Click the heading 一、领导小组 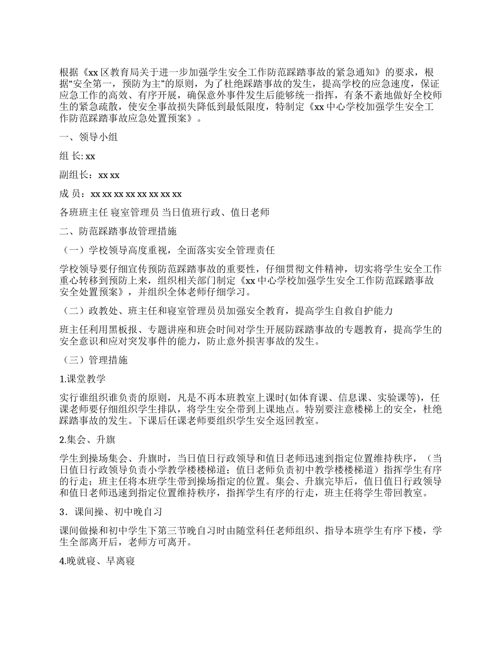pyautogui.click(x=89, y=138)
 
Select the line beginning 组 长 pyautogui.click(x=78, y=156)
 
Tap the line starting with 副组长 pyautogui.click(x=90, y=175)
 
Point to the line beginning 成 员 pyautogui.click(x=121, y=194)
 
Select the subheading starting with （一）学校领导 pyautogui.click(x=169, y=250)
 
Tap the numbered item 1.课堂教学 pyautogui.click(x=83, y=379)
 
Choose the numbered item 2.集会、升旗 pyautogui.click(x=88, y=439)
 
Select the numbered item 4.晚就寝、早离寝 pyautogui.click(x=98, y=561)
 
